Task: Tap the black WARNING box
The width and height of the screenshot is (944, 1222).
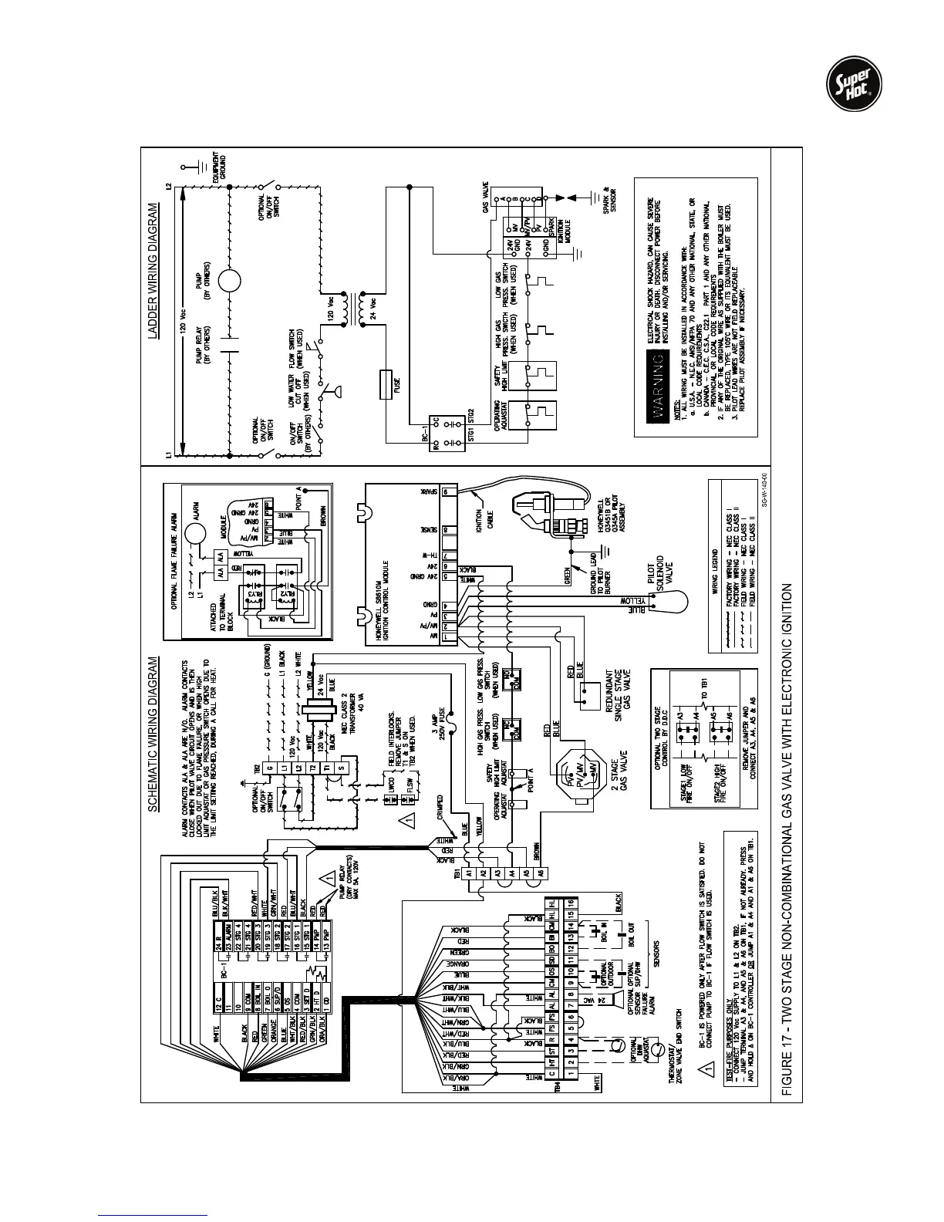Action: click(x=658, y=399)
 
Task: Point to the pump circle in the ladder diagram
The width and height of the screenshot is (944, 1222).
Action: click(x=230, y=279)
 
